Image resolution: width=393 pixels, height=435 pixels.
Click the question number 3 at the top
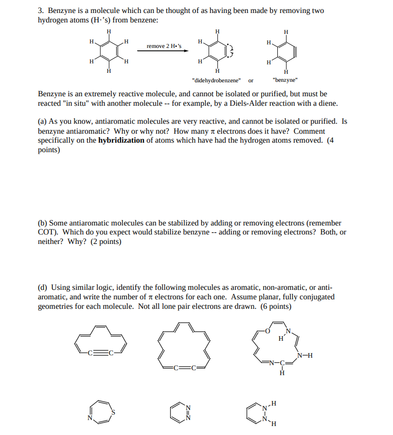click(x=40, y=11)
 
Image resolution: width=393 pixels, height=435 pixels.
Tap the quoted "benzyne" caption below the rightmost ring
click(x=285, y=80)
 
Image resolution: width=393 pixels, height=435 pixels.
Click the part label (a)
click(x=43, y=121)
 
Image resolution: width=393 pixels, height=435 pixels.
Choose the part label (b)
click(x=43, y=223)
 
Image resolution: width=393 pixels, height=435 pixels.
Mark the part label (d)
click(x=43, y=287)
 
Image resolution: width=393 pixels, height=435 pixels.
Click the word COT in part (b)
click(x=46, y=232)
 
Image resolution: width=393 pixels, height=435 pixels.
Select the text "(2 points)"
click(x=106, y=242)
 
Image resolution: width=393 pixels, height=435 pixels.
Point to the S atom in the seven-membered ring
click(x=113, y=412)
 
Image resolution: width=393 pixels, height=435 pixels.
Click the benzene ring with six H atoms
click(x=108, y=51)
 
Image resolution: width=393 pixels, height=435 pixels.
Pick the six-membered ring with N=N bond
click(x=179, y=413)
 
